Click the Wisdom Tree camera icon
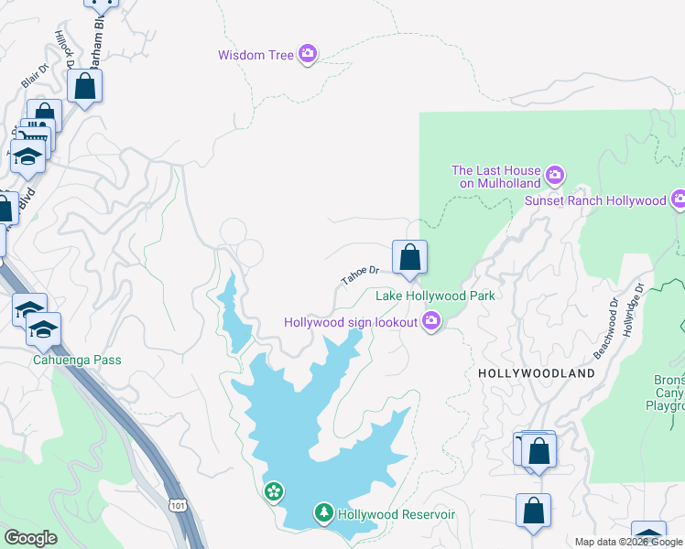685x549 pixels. click(308, 55)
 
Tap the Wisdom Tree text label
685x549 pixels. click(256, 56)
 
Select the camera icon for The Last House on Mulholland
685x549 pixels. click(554, 174)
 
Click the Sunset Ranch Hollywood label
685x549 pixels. click(594, 200)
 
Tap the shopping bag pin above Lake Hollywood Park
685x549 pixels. click(409, 257)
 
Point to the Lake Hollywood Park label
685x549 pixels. click(436, 296)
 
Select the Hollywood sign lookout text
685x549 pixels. click(351, 322)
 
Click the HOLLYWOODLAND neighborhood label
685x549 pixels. click(537, 373)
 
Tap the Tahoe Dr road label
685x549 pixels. click(360, 274)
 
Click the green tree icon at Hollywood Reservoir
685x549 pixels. click(323, 513)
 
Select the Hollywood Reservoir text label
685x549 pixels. click(397, 514)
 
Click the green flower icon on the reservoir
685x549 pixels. click(274, 493)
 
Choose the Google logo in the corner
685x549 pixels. click(30, 538)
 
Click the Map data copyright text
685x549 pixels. click(628, 542)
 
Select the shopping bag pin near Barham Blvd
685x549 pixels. click(84, 88)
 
